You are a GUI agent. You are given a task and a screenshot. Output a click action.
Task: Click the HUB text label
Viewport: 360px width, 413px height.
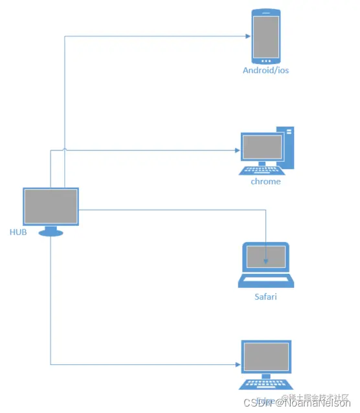pos(17,232)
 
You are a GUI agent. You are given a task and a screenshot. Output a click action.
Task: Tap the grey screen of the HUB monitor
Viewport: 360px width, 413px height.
pos(51,206)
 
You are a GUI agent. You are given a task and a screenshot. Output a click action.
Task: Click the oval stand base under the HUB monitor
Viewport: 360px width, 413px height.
pos(51,232)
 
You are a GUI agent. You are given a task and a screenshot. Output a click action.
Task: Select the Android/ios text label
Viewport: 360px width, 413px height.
pos(265,70)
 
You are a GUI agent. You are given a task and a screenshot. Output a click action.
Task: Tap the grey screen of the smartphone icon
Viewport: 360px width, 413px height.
pos(266,36)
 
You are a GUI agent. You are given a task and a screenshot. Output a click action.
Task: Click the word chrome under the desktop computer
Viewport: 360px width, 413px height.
pos(265,182)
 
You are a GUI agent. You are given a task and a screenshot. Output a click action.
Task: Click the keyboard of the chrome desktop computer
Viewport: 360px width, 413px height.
pos(260,170)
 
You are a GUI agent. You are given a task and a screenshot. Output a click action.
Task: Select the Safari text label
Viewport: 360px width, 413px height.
pos(265,297)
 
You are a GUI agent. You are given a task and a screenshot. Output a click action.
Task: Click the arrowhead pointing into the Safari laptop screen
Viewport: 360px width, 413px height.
pos(266,261)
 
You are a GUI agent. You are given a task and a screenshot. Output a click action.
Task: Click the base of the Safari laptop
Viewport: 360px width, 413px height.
pos(265,282)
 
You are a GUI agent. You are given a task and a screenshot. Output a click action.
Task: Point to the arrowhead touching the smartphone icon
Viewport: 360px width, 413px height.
pos(247,36)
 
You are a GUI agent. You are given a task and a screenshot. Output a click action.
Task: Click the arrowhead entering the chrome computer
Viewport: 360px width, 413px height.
pos(237,150)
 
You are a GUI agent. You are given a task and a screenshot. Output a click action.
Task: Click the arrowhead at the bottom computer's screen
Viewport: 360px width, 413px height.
pos(237,364)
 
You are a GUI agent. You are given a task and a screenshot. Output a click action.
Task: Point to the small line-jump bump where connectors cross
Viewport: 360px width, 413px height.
pos(65,150)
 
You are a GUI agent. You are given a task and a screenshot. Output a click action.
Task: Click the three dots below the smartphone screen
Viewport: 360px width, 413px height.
pos(266,61)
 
